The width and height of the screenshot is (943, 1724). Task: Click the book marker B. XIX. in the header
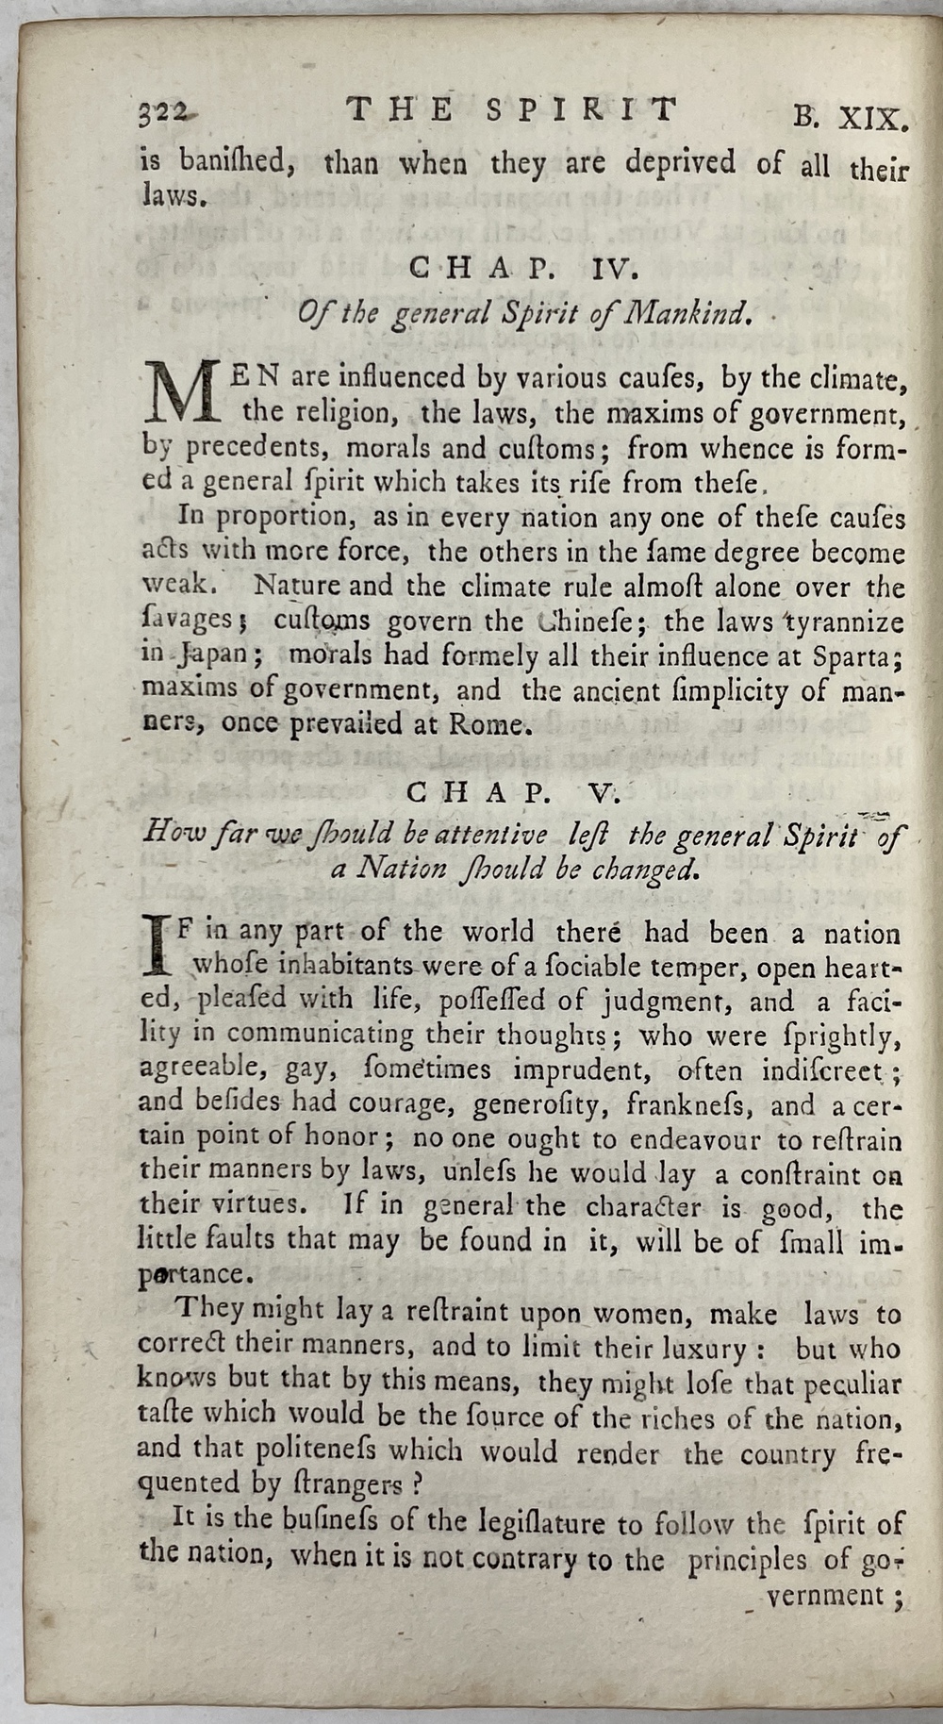[x=851, y=119]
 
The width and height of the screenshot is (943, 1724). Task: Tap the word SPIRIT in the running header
[x=582, y=110]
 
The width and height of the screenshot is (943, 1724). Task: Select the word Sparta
[x=866, y=655]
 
